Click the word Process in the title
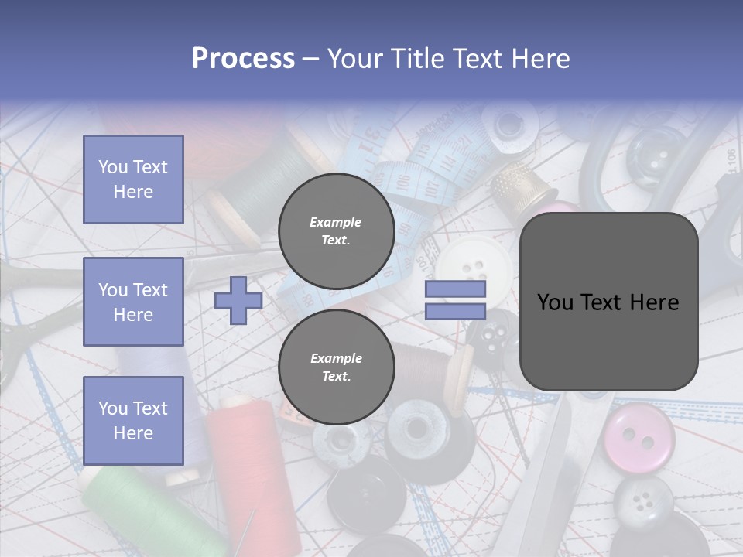pyautogui.click(x=243, y=59)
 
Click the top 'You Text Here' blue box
pyautogui.click(x=133, y=179)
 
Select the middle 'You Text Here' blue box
pyautogui.click(x=133, y=302)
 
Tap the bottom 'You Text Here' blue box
pyautogui.click(x=133, y=420)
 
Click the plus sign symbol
pyautogui.click(x=238, y=300)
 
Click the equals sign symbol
pyautogui.click(x=455, y=300)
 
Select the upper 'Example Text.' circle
pyautogui.click(x=336, y=231)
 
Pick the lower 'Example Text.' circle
pyautogui.click(x=336, y=367)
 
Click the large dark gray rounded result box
pyautogui.click(x=608, y=302)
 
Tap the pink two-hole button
pyautogui.click(x=639, y=435)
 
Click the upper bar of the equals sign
pyautogui.click(x=455, y=289)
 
